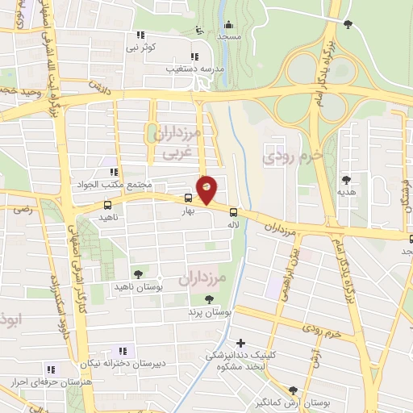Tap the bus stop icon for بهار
coord(188,198)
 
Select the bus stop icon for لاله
coord(233,205)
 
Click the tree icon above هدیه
coord(347,180)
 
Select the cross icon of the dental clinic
coord(240,343)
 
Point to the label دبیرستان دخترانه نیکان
coord(94,362)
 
